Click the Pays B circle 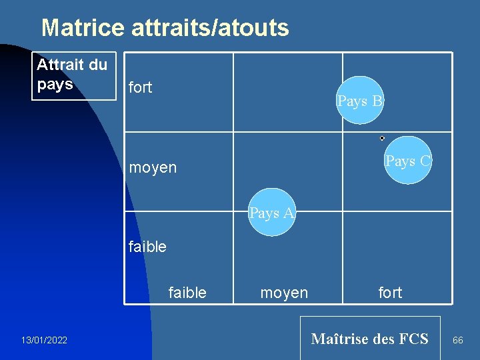[x=360, y=101]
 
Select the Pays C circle [x=408, y=160]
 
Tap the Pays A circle [x=271, y=213]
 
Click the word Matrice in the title [x=83, y=28]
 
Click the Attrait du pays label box [x=73, y=75]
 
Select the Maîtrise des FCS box [x=370, y=338]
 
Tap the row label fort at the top [x=140, y=87]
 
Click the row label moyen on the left [x=153, y=167]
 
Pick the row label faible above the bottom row [x=147, y=247]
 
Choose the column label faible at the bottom [x=187, y=293]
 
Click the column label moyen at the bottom [x=284, y=293]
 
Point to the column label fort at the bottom [x=390, y=293]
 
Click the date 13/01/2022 [x=44, y=341]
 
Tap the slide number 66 [x=458, y=341]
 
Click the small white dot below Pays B [x=382, y=138]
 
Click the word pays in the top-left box [x=55, y=85]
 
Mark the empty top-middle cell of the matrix [x=287, y=92]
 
